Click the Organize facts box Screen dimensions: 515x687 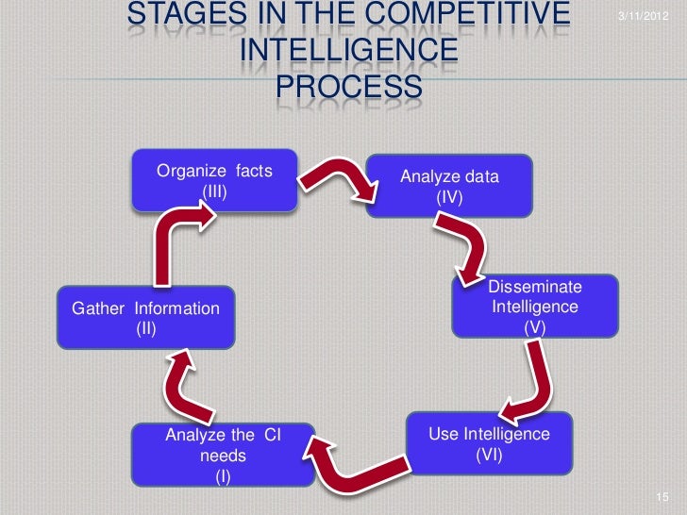pos(214,180)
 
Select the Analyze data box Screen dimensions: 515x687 pos(450,185)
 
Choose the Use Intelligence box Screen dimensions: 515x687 pos(489,442)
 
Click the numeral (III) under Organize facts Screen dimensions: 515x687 pos(214,190)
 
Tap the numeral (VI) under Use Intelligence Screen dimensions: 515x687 pos(489,454)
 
